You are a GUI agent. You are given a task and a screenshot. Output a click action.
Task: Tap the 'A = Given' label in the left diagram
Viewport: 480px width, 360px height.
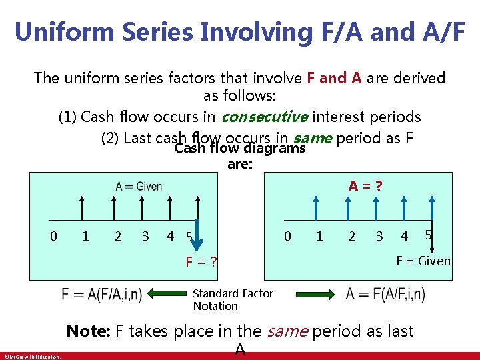139,186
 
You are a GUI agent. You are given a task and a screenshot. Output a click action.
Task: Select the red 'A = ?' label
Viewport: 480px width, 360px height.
366,186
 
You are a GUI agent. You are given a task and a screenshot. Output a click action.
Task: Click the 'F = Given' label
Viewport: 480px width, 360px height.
423,261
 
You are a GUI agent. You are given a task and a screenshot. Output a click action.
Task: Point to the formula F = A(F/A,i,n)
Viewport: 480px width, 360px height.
101,295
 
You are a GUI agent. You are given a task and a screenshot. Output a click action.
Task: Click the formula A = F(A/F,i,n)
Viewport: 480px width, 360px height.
385,294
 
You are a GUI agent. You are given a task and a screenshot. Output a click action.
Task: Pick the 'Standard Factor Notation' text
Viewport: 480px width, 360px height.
233,299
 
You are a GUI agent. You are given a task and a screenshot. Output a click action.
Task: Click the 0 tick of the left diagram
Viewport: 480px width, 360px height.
54,235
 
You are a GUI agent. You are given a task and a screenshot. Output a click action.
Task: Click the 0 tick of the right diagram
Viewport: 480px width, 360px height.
287,235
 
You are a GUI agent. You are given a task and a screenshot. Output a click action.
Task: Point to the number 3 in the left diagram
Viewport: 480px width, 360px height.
145,235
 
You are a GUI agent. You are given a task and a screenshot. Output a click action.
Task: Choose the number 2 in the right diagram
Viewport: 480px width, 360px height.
351,235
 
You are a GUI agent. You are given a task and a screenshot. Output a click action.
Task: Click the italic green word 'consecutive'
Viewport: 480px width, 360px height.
264,117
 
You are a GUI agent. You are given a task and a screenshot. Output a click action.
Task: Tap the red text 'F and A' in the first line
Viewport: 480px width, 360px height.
335,78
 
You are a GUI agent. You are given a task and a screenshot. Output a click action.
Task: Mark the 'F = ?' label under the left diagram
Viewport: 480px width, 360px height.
202,261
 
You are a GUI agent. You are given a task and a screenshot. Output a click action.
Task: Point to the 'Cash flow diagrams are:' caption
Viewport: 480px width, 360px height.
239,155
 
